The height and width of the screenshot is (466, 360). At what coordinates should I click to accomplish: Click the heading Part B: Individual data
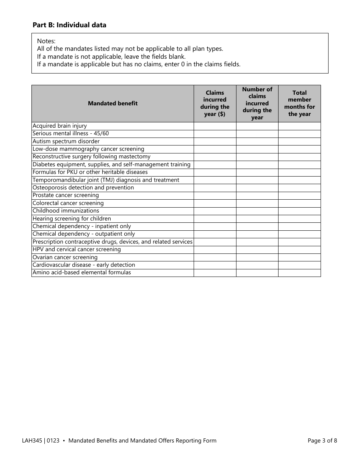(x=69, y=25)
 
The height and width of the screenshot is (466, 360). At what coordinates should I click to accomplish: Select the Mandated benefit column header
(x=113, y=103)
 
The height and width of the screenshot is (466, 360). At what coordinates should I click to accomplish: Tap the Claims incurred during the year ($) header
(x=215, y=103)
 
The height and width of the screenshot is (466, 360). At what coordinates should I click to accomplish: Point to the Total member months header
(x=299, y=103)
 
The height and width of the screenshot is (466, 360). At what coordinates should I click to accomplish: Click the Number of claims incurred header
(x=257, y=103)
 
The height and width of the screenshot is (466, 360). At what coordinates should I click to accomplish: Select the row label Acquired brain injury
(x=60, y=126)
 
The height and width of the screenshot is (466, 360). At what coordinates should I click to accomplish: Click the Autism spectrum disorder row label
(x=66, y=141)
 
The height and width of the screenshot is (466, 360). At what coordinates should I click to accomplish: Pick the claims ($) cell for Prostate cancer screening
(x=215, y=195)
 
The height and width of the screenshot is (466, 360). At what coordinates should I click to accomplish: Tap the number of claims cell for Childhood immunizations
(x=257, y=211)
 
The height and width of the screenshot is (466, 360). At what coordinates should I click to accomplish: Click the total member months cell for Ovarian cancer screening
(x=299, y=257)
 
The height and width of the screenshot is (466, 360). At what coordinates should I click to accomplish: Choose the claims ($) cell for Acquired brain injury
(x=215, y=126)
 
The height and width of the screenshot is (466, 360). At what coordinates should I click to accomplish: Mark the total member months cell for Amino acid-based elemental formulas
(x=299, y=273)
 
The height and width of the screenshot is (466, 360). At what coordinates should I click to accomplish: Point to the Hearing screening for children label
(x=72, y=219)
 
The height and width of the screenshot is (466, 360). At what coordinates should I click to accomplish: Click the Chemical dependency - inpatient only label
(x=81, y=226)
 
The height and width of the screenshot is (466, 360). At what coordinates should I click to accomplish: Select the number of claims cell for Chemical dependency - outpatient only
(x=257, y=234)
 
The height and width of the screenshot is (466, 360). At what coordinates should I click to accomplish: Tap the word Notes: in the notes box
(x=46, y=41)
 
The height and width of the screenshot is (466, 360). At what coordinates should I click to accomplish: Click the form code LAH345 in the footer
(x=32, y=441)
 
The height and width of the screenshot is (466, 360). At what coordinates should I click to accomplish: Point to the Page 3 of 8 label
(x=322, y=441)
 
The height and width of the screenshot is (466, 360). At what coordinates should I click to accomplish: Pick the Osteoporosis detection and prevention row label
(x=83, y=188)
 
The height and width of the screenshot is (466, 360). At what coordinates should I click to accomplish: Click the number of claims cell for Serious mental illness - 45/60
(x=257, y=134)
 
